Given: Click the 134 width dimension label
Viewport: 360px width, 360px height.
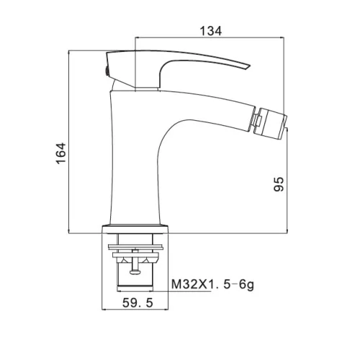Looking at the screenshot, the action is click(211, 31).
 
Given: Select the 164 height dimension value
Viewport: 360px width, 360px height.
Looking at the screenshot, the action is click(61, 153).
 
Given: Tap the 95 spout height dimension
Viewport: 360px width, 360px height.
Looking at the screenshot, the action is click(279, 184).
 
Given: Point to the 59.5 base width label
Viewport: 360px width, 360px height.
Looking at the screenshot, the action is click(138, 302).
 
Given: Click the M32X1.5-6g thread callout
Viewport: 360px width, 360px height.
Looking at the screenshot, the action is click(212, 284).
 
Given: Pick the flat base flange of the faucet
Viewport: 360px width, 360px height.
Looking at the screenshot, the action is click(135, 229).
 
